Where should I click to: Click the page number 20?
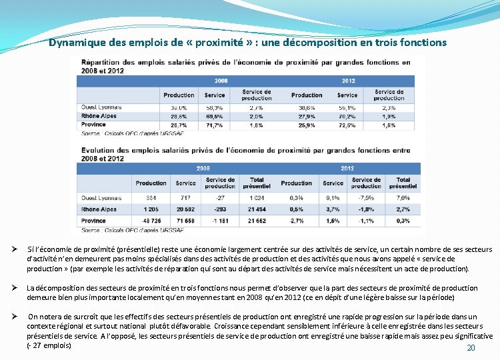click(x=471, y=348)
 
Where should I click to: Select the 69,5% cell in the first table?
click(x=215, y=116)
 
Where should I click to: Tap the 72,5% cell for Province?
click(x=347, y=125)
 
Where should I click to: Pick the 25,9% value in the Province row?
click(x=307, y=125)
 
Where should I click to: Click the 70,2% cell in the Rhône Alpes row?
click(x=347, y=116)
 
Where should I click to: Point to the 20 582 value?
click(x=186, y=209)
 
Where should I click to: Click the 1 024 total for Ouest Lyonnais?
click(x=257, y=198)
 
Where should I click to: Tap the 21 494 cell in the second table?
click(x=257, y=209)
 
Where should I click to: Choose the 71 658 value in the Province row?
click(x=186, y=221)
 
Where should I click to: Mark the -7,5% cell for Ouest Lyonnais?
click(x=366, y=198)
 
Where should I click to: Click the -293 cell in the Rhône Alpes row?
click(x=220, y=209)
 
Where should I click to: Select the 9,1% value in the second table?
click(x=333, y=198)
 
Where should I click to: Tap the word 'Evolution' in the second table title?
click(x=96, y=151)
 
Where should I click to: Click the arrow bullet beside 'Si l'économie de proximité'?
click(x=13, y=249)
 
